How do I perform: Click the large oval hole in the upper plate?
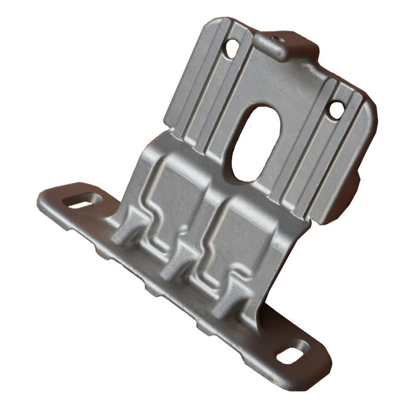tap(254, 142)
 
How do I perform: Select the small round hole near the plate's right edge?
tap(335, 109)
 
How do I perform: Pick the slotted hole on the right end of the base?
tap(293, 351)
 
